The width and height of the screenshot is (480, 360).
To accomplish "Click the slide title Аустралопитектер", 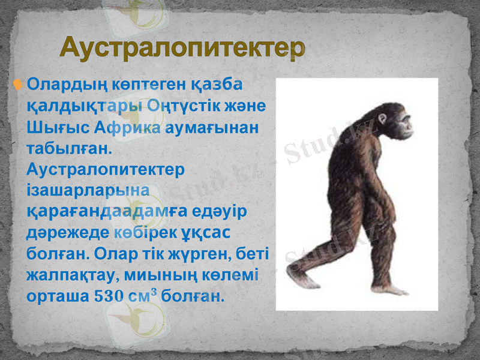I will click(182, 48).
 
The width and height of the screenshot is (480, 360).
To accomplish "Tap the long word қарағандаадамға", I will click(107, 211).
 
